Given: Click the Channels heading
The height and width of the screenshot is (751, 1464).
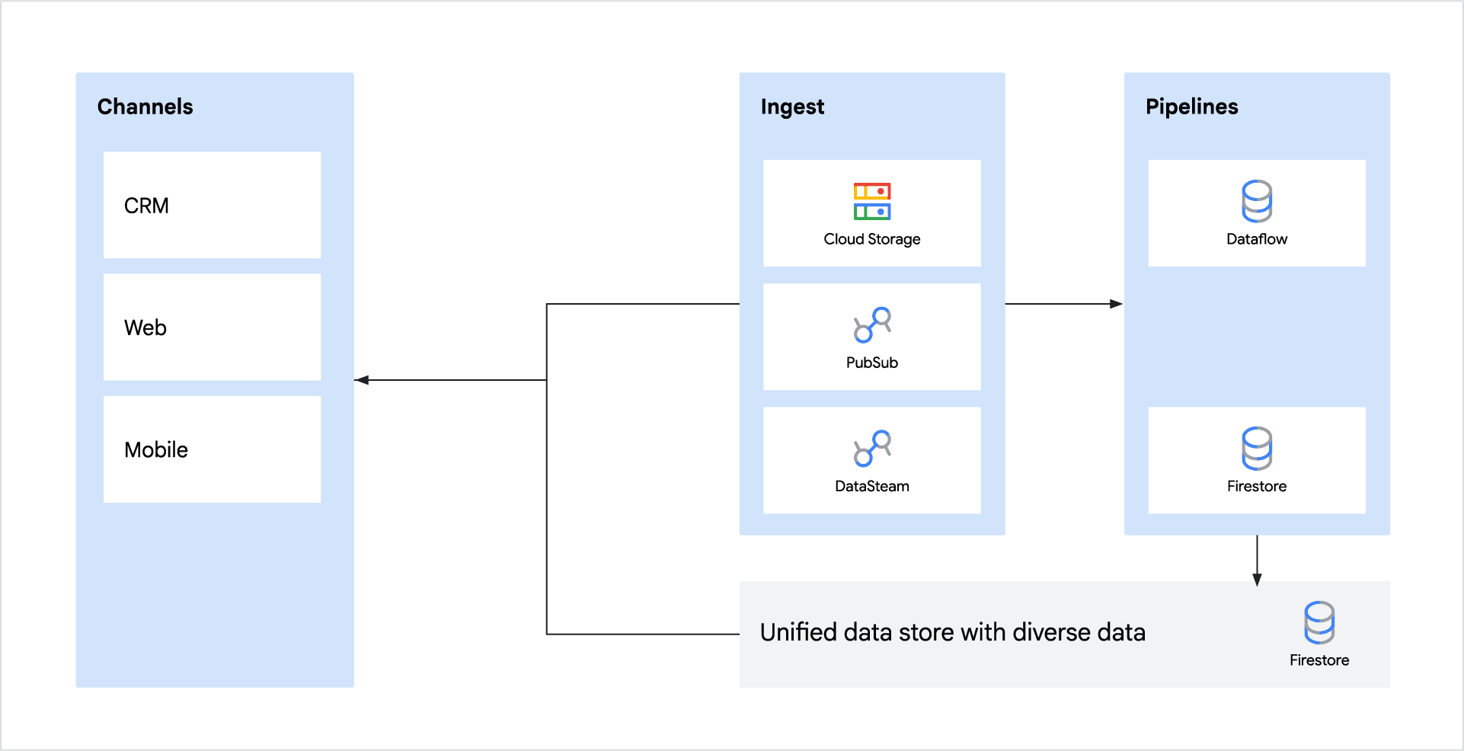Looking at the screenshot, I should tap(145, 107).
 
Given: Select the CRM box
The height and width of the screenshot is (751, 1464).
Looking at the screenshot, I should tap(212, 205).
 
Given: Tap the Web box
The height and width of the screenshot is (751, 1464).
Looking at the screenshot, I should tap(212, 327).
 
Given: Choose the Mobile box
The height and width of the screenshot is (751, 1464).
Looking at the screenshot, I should tap(212, 449).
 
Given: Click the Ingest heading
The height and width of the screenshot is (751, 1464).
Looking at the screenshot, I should tap(792, 107).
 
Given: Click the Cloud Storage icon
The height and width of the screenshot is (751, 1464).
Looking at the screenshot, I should tap(872, 202).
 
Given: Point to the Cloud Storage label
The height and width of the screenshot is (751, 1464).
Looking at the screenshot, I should tap(872, 239).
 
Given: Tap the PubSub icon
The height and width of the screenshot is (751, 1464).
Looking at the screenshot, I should tap(872, 324).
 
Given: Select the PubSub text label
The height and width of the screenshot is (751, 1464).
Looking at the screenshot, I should tap(872, 363).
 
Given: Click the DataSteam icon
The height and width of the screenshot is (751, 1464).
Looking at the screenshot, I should tap(872, 448).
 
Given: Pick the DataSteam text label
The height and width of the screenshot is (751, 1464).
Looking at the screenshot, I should tap(872, 486).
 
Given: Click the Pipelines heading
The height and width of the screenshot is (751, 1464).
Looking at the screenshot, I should tap(1191, 107).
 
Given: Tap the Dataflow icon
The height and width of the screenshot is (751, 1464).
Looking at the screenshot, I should tap(1257, 201).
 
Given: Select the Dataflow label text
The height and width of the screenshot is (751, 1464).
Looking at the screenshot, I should tap(1257, 239).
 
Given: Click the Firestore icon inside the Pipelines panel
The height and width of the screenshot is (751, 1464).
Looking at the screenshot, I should tap(1257, 448).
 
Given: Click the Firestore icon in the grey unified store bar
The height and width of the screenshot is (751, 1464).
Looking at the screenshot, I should tap(1319, 622).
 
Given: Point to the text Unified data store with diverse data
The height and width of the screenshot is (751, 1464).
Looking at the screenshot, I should tap(952, 632).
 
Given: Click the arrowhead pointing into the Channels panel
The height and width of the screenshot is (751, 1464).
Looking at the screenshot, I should tap(362, 380).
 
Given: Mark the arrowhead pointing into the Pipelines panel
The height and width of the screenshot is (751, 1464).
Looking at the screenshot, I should tap(1116, 304).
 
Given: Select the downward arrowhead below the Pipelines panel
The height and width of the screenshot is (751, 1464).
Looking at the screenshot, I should tap(1257, 580).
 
